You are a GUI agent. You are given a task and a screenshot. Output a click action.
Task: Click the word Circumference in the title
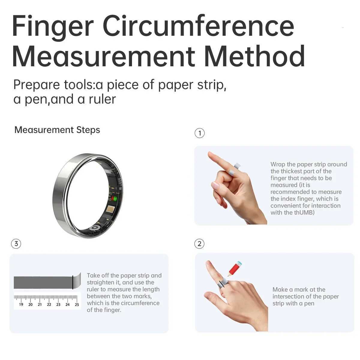[x=198, y=26]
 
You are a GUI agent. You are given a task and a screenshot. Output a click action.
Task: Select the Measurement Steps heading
[x=57, y=130]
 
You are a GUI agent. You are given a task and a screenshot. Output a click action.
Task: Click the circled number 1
[x=200, y=133]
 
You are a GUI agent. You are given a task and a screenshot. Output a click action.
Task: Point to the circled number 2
[x=200, y=244]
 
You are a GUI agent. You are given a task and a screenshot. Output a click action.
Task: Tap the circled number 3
[x=16, y=244]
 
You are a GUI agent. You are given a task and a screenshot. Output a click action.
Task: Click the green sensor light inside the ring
[x=114, y=199]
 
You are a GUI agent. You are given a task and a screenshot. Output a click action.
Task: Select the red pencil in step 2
[x=235, y=268]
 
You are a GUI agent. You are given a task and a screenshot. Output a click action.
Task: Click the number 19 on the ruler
[x=21, y=304]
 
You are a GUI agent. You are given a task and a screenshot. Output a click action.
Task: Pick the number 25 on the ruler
[x=77, y=304]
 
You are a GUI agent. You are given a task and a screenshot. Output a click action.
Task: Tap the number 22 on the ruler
[x=49, y=304]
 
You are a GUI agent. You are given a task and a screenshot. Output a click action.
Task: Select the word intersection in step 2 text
[x=289, y=296]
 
